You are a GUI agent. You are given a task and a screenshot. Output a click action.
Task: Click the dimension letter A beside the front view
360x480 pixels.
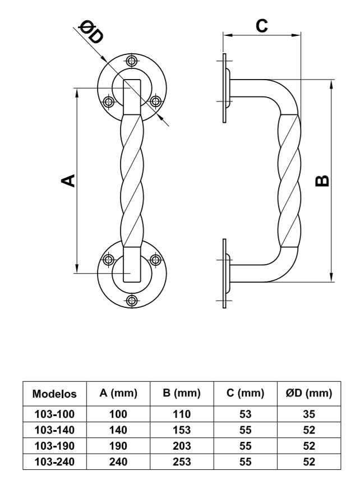point(68,181)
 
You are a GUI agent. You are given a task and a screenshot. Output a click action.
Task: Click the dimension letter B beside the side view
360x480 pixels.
point(322,181)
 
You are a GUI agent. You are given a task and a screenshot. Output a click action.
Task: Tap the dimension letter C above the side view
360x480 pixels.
point(262,25)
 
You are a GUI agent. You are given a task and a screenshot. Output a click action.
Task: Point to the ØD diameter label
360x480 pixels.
point(91,33)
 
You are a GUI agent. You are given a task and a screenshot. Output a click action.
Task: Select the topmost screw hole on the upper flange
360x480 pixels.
point(132,61)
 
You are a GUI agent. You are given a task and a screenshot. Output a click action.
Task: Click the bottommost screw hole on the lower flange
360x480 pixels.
point(132,301)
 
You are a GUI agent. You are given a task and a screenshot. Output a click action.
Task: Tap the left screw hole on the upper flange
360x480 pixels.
point(108,101)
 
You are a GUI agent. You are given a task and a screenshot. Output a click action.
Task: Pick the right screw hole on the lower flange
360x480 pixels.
point(155,260)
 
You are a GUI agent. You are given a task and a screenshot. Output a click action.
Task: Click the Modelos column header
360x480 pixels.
point(54,394)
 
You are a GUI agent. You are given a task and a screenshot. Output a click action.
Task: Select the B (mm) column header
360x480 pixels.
point(182,393)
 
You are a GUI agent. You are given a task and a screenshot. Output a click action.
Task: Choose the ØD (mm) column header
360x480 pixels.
point(309,393)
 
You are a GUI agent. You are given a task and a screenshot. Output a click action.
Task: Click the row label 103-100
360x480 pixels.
point(54,414)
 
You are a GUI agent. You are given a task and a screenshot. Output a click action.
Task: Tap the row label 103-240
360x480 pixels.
point(54,461)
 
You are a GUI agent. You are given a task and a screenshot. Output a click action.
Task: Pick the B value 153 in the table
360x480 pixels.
point(182,430)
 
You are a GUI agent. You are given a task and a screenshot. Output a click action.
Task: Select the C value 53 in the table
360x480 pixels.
point(246,414)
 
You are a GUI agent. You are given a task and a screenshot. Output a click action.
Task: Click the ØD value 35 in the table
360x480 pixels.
point(309,414)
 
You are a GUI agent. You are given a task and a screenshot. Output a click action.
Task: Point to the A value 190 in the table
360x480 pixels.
point(118,446)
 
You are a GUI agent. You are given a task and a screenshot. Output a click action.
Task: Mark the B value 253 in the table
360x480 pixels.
point(182,461)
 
